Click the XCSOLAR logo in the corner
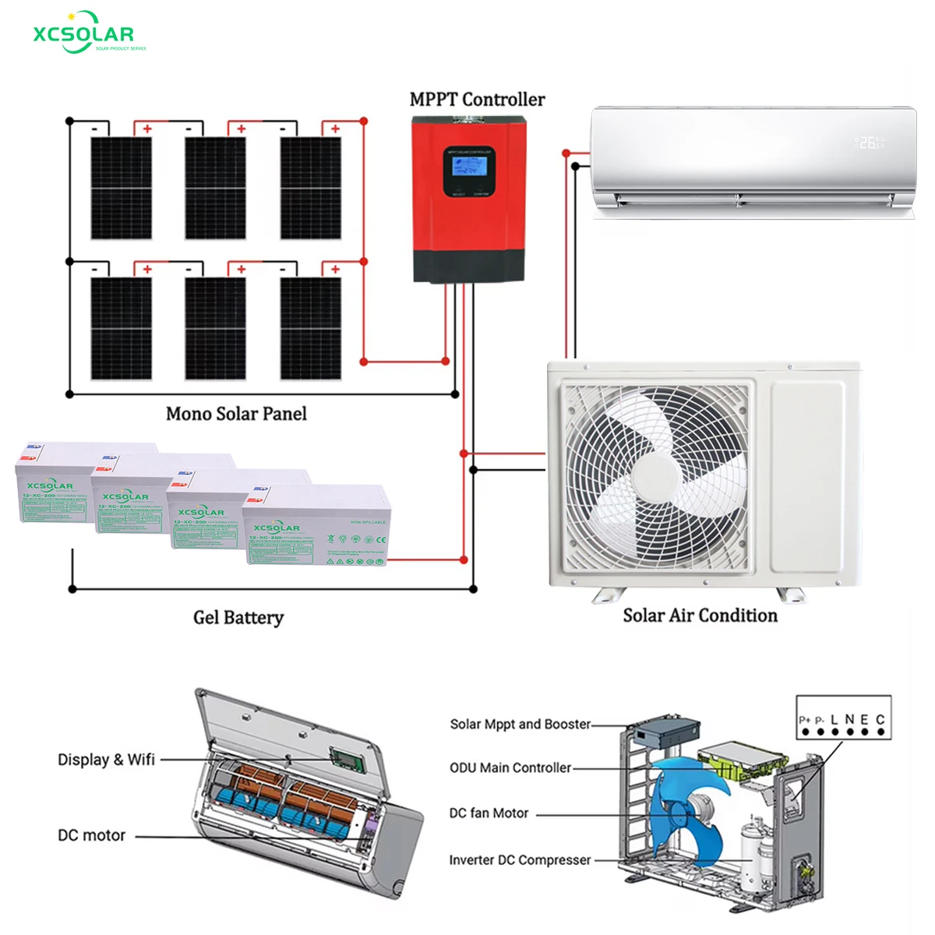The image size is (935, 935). click(84, 34)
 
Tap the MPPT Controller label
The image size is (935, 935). click(477, 100)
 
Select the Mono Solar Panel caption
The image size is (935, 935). click(236, 414)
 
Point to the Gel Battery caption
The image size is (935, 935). click(238, 617)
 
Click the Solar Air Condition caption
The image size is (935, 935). click(700, 616)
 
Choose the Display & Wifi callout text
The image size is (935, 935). click(106, 760)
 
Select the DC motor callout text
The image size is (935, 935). click(91, 835)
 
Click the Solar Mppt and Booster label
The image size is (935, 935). click(520, 724)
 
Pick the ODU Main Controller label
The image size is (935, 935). click(510, 767)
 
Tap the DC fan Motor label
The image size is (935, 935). click(489, 813)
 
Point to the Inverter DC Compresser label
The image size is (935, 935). click(520, 859)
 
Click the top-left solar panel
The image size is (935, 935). click(121, 188)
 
